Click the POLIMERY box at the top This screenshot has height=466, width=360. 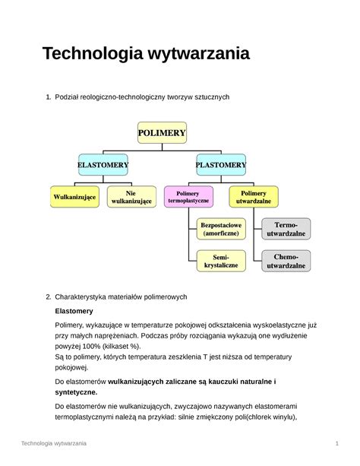pyautogui.click(x=161, y=133)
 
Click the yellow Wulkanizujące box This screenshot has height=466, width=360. pyautogui.click(x=74, y=197)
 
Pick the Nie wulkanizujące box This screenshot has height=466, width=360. pyautogui.click(x=131, y=197)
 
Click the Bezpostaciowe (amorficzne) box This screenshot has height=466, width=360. pyautogui.click(x=220, y=230)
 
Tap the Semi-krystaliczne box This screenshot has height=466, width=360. pyautogui.click(x=220, y=261)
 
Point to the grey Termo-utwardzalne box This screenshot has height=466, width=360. pyautogui.click(x=286, y=230)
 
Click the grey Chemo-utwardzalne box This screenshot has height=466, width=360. pyautogui.click(x=286, y=262)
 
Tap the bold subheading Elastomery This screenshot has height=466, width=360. pyautogui.click(x=74, y=311)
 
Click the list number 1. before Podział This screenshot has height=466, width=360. pyautogui.click(x=48, y=97)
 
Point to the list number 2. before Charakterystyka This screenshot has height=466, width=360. pyautogui.click(x=48, y=296)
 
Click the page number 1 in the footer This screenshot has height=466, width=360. pyautogui.click(x=335, y=443)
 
